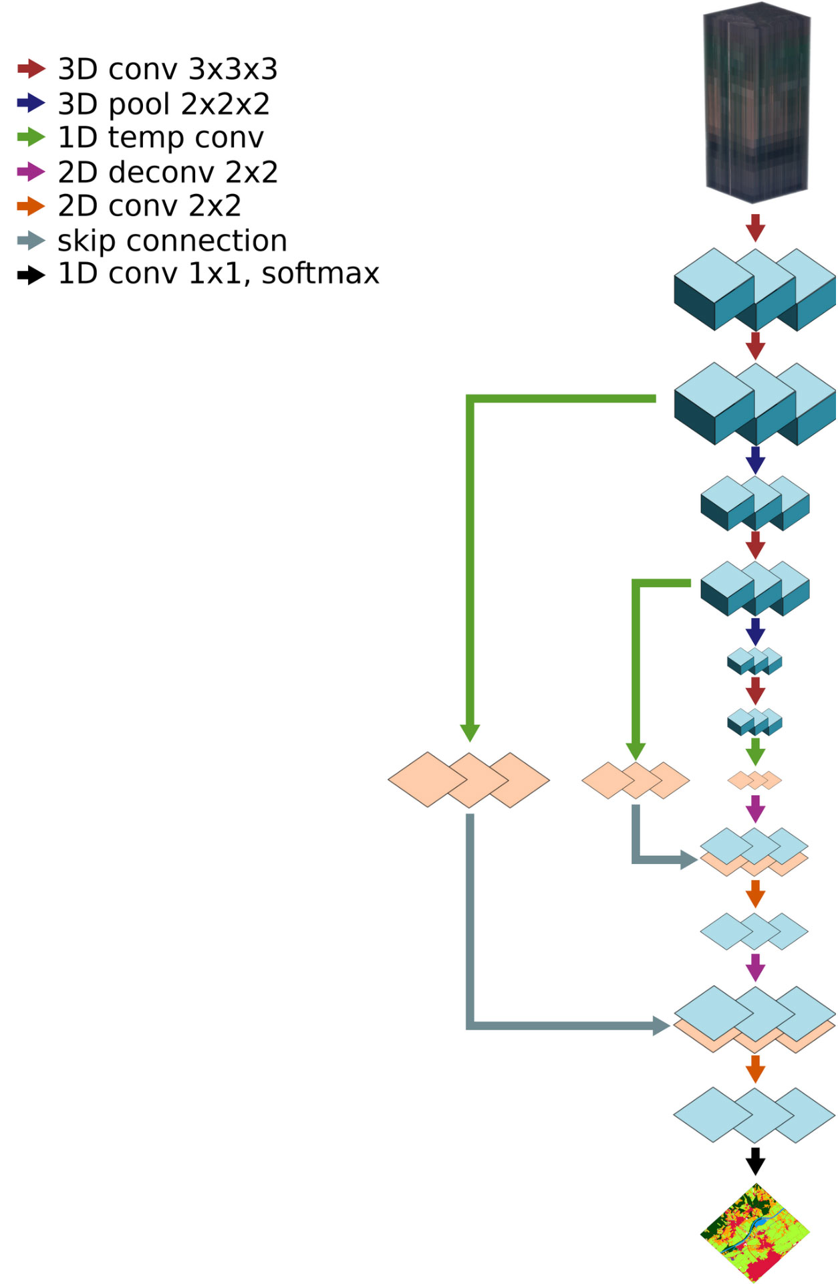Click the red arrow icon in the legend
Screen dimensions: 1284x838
31,68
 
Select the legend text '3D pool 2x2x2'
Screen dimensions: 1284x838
164,104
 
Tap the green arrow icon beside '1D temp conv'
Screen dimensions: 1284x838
31,137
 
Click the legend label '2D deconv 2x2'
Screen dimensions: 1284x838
168,172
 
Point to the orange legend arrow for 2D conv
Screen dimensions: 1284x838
31,206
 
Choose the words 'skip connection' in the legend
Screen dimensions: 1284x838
172,241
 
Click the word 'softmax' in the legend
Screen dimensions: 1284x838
320,274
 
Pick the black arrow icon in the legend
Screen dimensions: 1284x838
31,275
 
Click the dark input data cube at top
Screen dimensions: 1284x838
756,104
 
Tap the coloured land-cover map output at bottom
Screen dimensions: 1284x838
755,1232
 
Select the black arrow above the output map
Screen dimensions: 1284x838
755,1161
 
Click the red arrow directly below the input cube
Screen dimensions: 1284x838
755,227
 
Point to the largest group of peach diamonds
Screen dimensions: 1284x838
468,780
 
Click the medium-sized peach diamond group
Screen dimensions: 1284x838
636,780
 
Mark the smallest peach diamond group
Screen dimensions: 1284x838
754,780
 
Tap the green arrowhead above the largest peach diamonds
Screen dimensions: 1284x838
470,733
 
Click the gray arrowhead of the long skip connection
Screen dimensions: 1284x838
661,1026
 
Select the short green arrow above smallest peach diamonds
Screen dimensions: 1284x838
755,752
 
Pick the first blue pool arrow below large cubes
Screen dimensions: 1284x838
755,460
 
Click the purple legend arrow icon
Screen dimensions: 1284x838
31,172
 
